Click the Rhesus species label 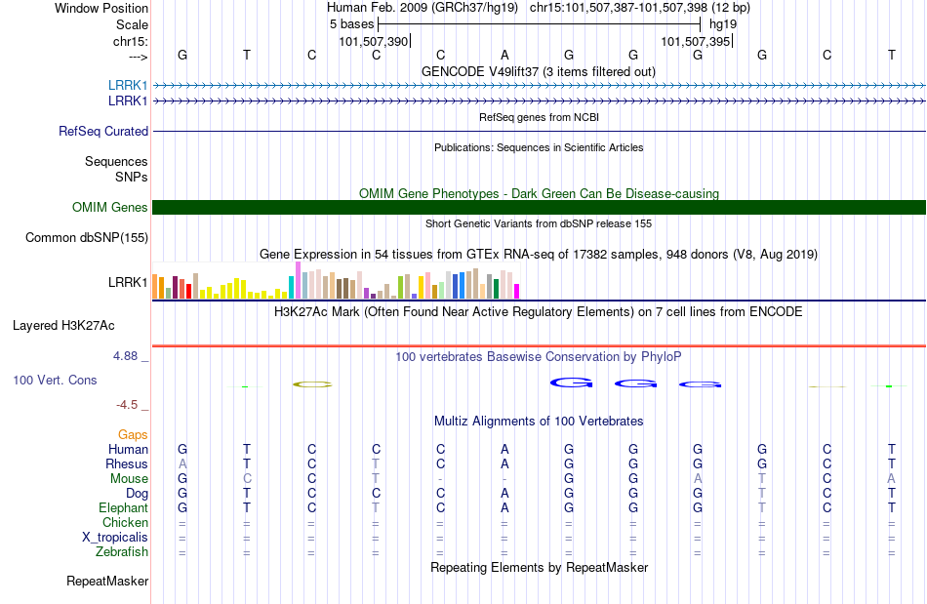coord(127,463)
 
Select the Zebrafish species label coord(122,551)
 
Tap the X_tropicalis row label coord(115,538)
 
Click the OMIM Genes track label coord(110,208)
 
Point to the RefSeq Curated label coord(103,131)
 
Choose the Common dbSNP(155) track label coord(87,237)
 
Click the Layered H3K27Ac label coord(63,326)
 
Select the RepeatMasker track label coord(107,581)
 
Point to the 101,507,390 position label coord(374,41)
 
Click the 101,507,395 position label coord(696,41)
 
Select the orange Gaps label coord(133,435)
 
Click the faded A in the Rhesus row coord(182,463)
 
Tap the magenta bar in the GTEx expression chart coord(516,292)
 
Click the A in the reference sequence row coord(504,55)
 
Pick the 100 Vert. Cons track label coord(55,380)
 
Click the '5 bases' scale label coord(351,24)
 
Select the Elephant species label coord(124,507)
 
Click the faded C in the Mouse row coord(247,478)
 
